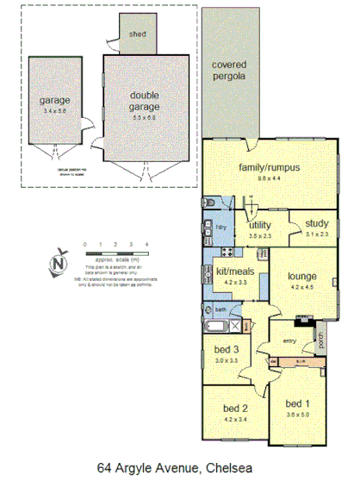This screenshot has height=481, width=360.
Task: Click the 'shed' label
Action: coord(138,34)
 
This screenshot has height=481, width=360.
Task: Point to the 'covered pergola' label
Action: coord(229,71)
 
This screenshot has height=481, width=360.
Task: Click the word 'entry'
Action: coord(289,342)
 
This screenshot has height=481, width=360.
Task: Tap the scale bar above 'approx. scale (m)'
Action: coord(116,252)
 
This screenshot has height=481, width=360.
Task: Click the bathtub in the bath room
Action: coord(218,327)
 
